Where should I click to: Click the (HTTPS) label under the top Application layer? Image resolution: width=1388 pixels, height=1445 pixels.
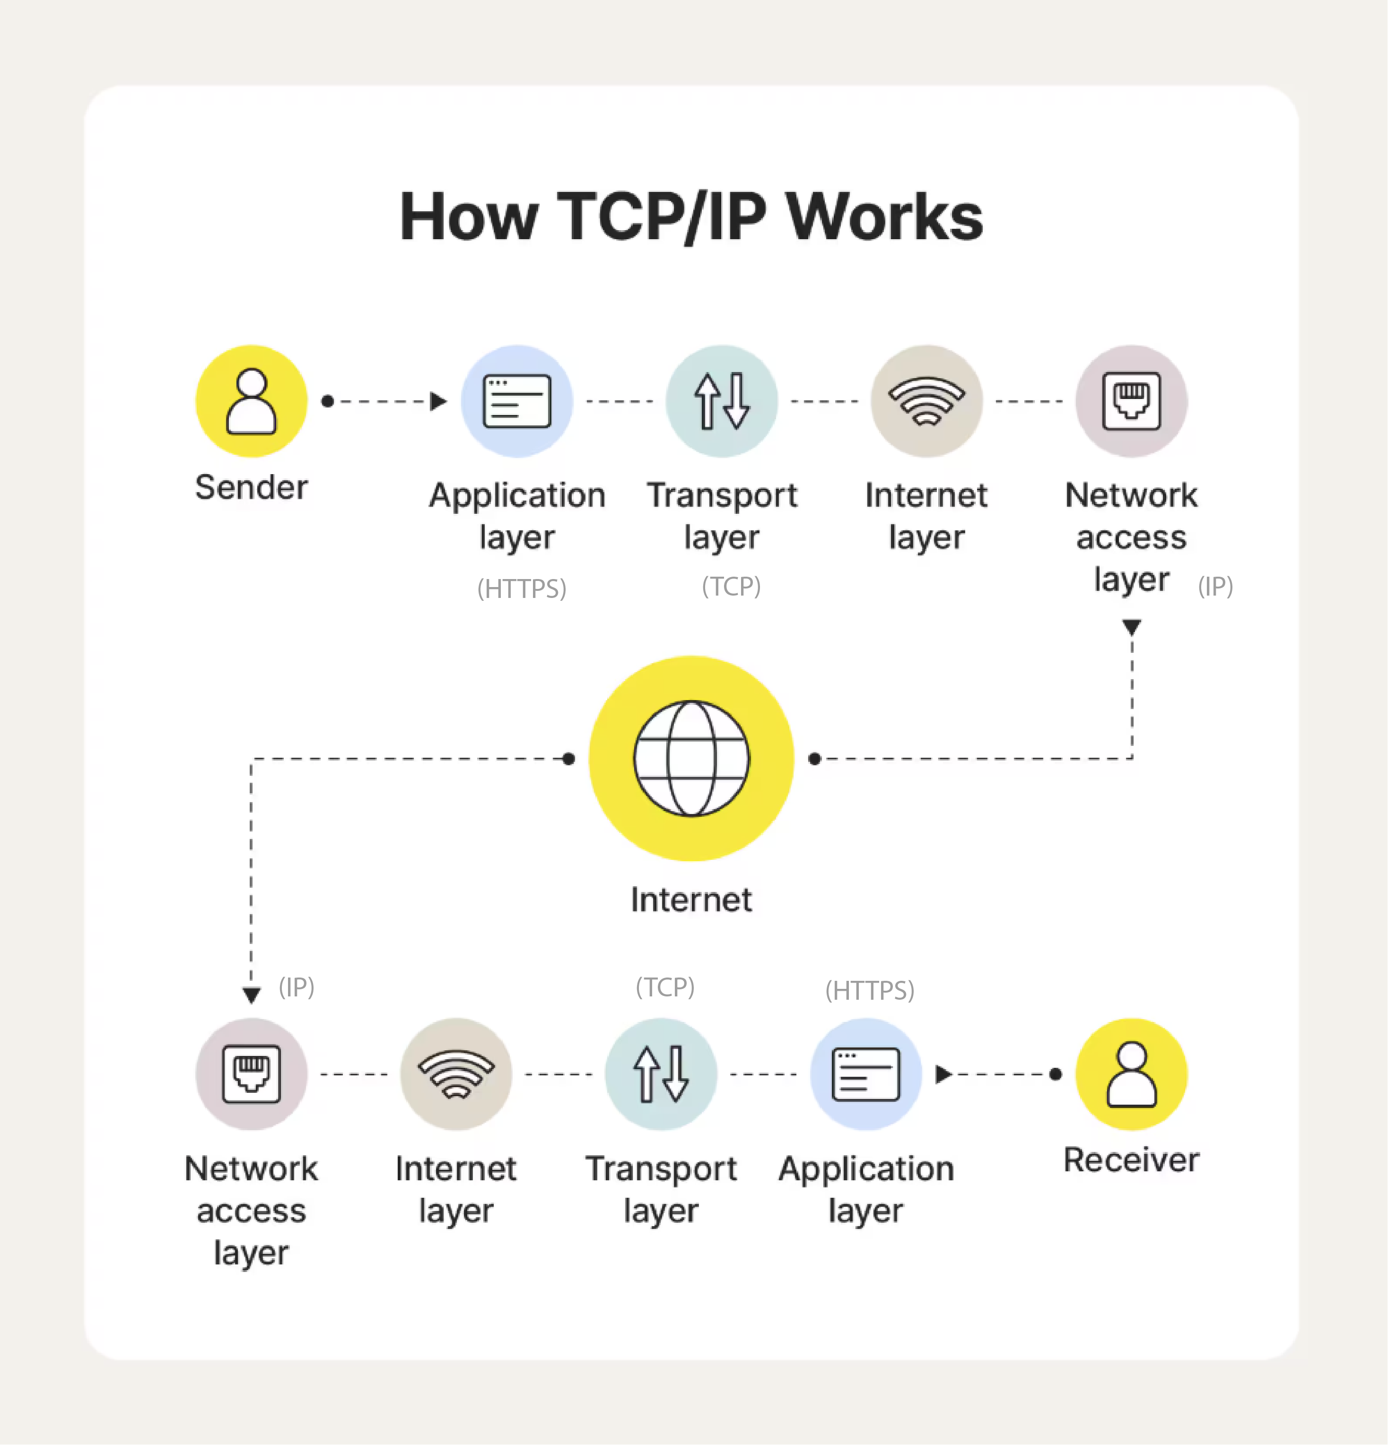click(522, 588)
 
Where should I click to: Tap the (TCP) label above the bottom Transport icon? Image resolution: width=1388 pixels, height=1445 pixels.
click(665, 986)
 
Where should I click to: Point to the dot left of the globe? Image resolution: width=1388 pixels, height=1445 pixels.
click(568, 759)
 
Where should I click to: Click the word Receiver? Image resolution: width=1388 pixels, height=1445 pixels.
click(1131, 1160)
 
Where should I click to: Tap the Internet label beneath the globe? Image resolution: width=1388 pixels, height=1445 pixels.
click(691, 900)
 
